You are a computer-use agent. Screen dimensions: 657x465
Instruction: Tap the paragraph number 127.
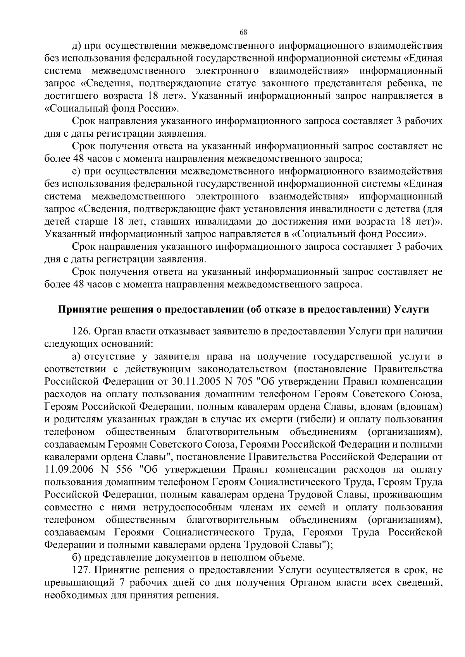(x=82, y=570)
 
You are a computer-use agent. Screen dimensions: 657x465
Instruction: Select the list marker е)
(x=77, y=171)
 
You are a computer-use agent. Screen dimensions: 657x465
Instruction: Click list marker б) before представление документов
(x=77, y=558)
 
